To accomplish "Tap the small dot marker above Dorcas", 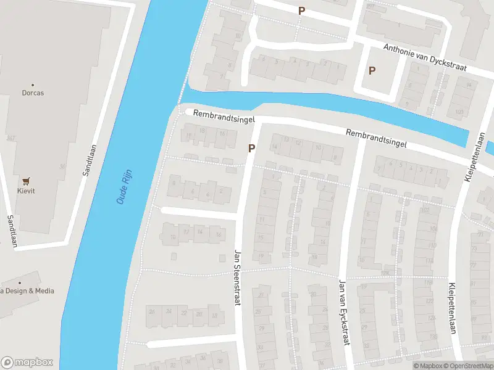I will pos(33,85).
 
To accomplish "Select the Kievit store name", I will pos(26,192).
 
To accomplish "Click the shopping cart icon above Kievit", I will pos(26,181).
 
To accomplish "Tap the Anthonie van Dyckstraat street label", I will pos(424,57).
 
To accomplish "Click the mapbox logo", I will pos(27,363).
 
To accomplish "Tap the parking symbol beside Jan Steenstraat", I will pos(251,148).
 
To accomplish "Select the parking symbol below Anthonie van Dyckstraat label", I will pos(372,71).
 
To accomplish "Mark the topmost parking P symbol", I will pos(301,10).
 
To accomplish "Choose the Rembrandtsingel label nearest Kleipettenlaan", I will pos(376,138).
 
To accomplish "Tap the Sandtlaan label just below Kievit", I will pos(12,231).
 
